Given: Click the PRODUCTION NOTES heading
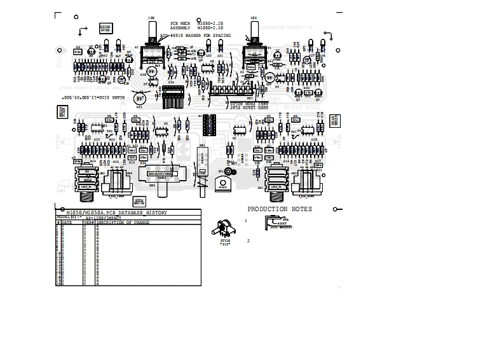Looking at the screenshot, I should [x=279, y=209].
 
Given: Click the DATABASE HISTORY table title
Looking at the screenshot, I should [x=118, y=212].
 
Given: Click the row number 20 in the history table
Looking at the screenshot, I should [x=58, y=284].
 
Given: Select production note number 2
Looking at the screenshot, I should [x=248, y=240].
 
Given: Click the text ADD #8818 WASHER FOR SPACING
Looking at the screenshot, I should [x=195, y=36].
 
